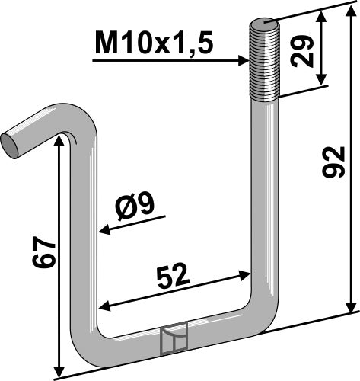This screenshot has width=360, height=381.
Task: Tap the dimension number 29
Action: (301, 51)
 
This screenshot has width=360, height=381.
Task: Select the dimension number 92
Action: (333, 162)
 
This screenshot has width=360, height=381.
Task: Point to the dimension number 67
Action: (43, 253)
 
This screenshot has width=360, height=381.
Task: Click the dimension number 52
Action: (174, 277)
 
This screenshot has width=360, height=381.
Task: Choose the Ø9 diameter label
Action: (135, 206)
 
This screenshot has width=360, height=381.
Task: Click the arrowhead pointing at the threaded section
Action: (244, 61)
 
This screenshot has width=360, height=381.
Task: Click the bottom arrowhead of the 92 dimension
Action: (351, 306)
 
